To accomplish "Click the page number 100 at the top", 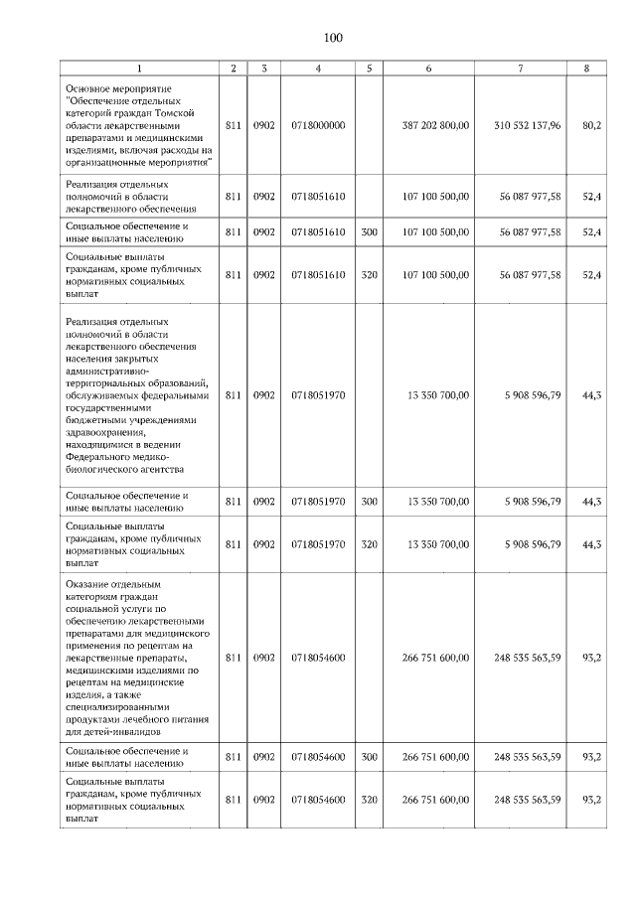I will click(x=332, y=38).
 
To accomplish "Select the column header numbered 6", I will click(x=428, y=68).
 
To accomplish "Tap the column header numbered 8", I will click(x=592, y=68).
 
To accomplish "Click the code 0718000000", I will click(x=318, y=126).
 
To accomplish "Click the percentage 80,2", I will click(x=592, y=126).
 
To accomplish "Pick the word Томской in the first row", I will click(x=190, y=113).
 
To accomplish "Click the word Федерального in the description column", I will click(x=105, y=458).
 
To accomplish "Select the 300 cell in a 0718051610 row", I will click(x=369, y=232).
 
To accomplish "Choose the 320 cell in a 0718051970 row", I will click(x=369, y=544).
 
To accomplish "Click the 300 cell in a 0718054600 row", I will click(x=369, y=757).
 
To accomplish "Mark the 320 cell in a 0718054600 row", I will click(x=369, y=801).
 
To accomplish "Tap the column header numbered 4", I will click(x=318, y=68).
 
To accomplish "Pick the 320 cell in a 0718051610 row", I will click(x=369, y=275).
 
